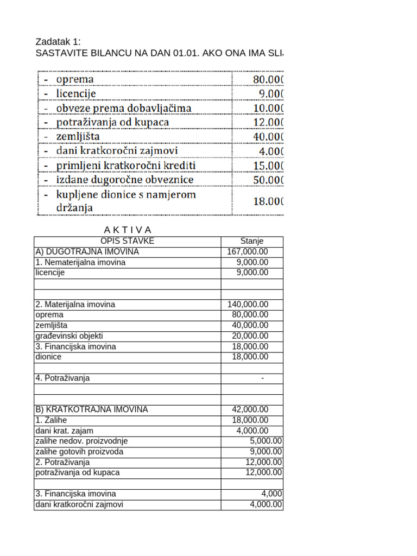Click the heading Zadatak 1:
point(58,42)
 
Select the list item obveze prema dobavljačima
point(123,108)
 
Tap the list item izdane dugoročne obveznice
point(124,179)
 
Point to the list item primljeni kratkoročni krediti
point(125,165)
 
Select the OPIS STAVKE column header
point(127,241)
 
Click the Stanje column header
point(251,241)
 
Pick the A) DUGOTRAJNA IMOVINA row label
point(87,252)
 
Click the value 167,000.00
point(248,252)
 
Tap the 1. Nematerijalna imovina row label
point(80,262)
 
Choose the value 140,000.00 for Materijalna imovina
point(248,305)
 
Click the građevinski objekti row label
point(69,336)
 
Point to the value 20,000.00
point(250,336)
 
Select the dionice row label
point(48,357)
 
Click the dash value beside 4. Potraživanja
point(262,378)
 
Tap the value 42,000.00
point(250,409)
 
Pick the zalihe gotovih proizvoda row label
point(79,452)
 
